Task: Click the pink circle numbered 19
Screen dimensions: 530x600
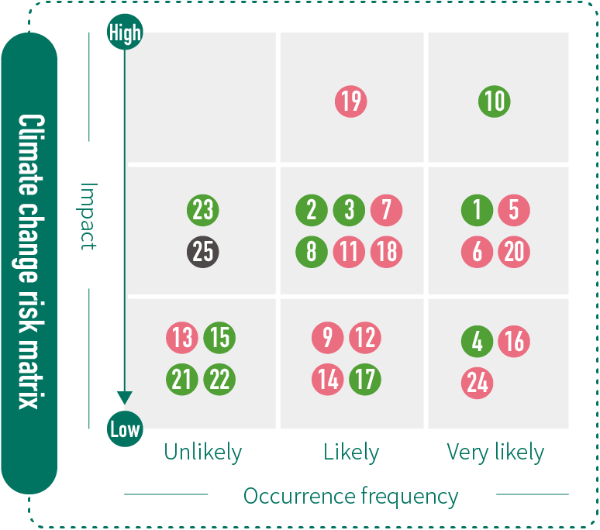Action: [351, 102]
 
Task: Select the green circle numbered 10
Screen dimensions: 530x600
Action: [494, 102]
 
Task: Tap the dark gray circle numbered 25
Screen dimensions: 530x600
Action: [202, 253]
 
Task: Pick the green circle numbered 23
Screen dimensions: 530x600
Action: [202, 210]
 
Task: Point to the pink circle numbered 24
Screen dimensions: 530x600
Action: [478, 383]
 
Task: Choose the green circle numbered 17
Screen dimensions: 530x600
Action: [364, 380]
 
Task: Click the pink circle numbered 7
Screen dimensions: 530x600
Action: [386, 210]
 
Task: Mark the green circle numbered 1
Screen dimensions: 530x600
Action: [478, 210]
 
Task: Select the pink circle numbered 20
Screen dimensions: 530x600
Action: [514, 253]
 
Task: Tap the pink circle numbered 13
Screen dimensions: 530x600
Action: [182, 339]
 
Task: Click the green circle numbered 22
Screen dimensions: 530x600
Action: [219, 380]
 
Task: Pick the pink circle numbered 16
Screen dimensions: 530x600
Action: [514, 342]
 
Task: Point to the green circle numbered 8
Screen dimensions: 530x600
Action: [312, 253]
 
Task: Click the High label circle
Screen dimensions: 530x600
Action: [124, 33]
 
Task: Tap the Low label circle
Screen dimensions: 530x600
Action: [124, 429]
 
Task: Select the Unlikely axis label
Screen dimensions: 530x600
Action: [203, 453]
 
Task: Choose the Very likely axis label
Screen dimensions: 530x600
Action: [495, 453]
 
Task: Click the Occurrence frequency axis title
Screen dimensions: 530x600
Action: [351, 496]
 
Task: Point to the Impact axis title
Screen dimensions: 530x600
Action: [89, 215]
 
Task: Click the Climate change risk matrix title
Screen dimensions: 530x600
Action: [29, 263]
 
